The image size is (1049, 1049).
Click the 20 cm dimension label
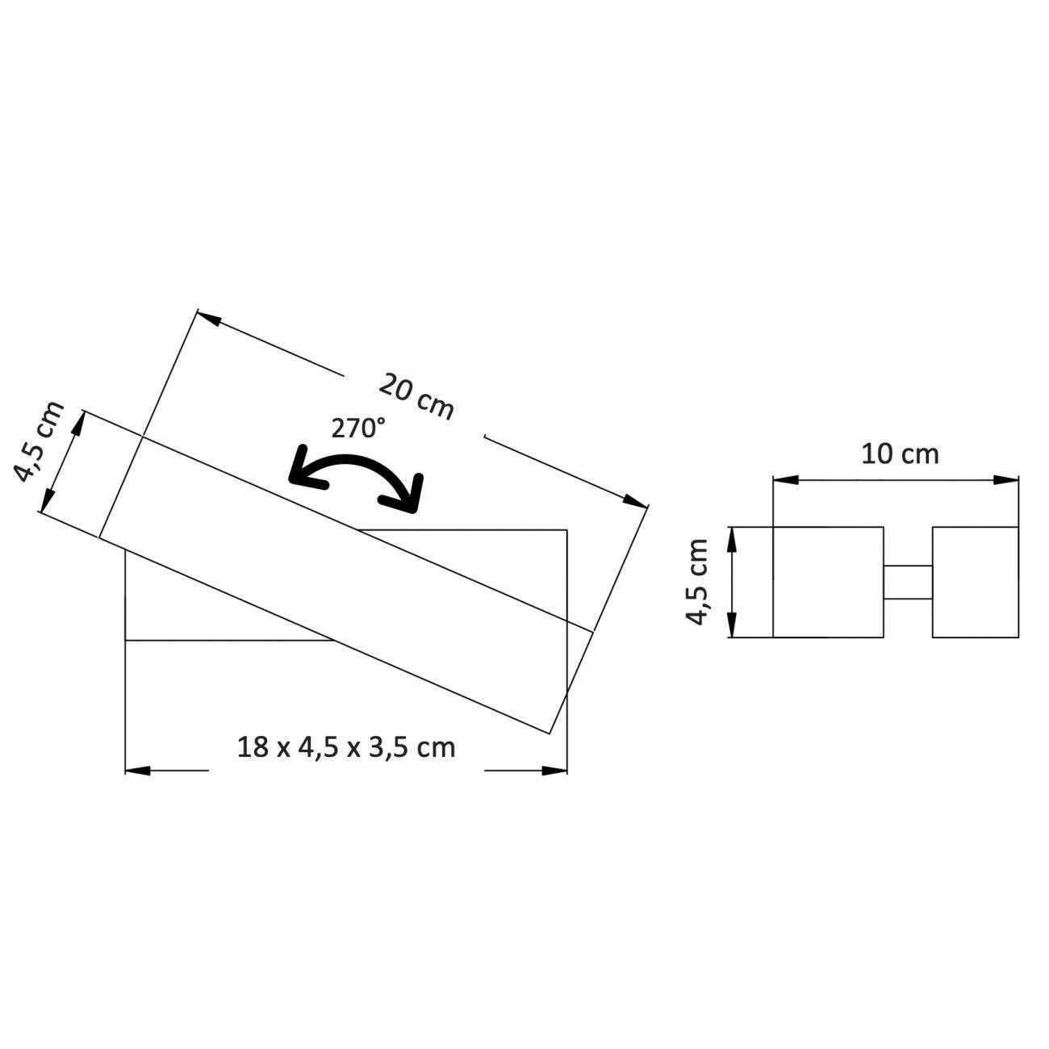click(x=416, y=395)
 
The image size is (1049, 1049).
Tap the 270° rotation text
click(x=358, y=428)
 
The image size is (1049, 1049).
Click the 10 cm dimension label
click(x=900, y=454)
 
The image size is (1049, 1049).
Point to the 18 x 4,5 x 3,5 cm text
click(x=346, y=747)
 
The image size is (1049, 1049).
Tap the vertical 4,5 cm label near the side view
click(x=696, y=581)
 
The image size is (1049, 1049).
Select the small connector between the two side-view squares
click(x=908, y=583)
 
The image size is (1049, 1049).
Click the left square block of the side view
click(x=828, y=583)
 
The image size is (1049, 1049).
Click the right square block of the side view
click(x=975, y=583)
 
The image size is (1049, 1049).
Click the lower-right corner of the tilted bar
click(x=550, y=733)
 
